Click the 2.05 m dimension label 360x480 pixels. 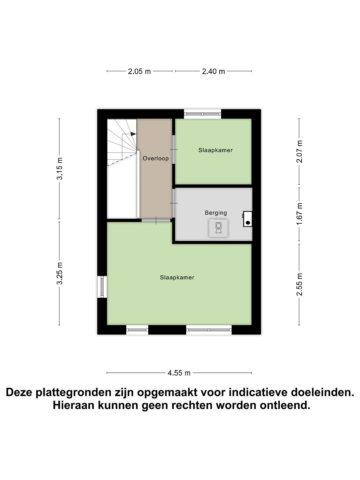(139, 71)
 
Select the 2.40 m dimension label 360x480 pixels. (213, 71)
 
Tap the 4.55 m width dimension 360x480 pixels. (179, 373)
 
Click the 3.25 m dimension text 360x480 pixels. (60, 273)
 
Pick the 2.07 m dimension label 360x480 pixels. (300, 151)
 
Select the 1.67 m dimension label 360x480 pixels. (300, 213)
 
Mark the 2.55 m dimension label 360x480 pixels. (300, 284)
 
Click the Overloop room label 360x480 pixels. (156, 159)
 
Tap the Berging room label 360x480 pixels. (216, 213)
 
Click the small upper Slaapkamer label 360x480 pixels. (215, 150)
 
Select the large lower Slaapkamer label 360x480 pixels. (177, 278)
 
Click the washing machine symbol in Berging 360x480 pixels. (218, 228)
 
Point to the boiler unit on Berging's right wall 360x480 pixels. (248, 219)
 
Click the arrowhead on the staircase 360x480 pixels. (133, 134)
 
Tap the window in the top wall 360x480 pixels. (203, 114)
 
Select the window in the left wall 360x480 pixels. (102, 287)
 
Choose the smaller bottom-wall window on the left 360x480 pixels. (137, 330)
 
